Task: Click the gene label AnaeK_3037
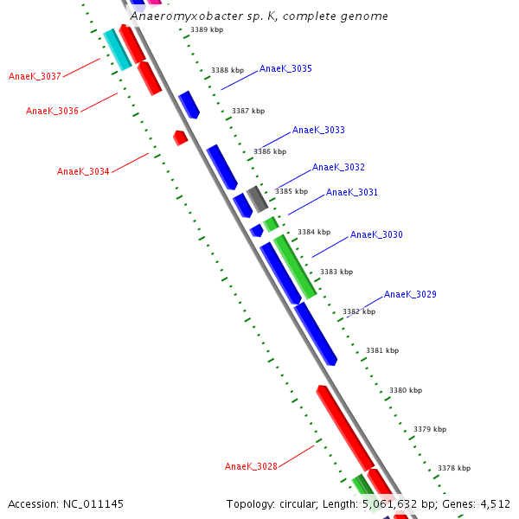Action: [35, 76]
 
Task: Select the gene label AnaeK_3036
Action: [52, 111]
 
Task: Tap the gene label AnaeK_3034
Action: [83, 171]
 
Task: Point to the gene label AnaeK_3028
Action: [251, 466]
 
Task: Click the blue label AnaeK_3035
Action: [285, 68]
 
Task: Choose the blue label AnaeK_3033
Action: [318, 130]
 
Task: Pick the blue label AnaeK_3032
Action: [338, 167]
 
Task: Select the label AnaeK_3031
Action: [351, 192]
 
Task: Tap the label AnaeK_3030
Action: [376, 234]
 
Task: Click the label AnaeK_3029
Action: [410, 294]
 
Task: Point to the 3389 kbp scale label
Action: [207, 29]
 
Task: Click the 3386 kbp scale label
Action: [270, 151]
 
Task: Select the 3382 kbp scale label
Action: [359, 311]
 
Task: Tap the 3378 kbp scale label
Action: [454, 468]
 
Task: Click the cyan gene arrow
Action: [117, 49]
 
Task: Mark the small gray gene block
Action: [257, 198]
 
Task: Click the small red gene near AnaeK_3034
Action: [180, 137]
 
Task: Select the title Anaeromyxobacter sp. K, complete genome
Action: [259, 16]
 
